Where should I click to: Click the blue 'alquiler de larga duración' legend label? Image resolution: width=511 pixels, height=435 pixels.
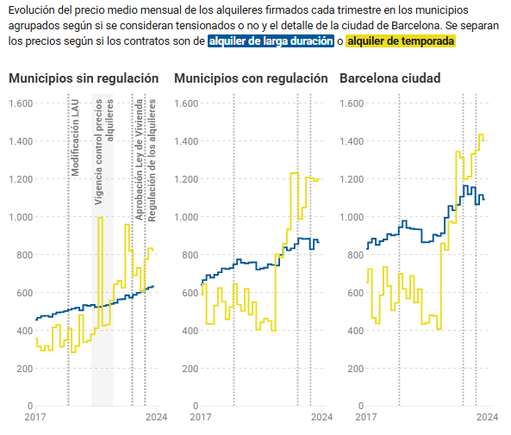[270, 41]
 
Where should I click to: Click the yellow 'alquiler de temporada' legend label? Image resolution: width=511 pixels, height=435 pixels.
[400, 41]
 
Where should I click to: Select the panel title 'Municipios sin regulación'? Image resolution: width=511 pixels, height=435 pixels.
[84, 78]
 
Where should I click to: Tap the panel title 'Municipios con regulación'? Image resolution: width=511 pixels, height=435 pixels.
[251, 78]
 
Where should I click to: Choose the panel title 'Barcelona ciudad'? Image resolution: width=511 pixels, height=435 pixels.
[390, 78]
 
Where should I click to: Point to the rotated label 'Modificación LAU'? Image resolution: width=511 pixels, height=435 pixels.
[76, 137]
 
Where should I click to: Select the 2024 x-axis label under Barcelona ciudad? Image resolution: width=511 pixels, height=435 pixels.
[487, 418]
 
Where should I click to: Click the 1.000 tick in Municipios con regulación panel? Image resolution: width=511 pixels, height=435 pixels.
[189, 217]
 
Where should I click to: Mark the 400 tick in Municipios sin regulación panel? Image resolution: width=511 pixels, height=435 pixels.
[23, 331]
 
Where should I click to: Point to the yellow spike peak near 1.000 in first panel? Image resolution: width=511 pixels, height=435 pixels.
[101, 217]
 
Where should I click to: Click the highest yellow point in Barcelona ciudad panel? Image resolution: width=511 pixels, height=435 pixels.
[481, 134]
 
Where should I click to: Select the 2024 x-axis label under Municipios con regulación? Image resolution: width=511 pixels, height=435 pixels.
[321, 418]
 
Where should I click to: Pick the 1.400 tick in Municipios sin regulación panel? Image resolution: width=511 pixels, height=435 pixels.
[21, 141]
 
